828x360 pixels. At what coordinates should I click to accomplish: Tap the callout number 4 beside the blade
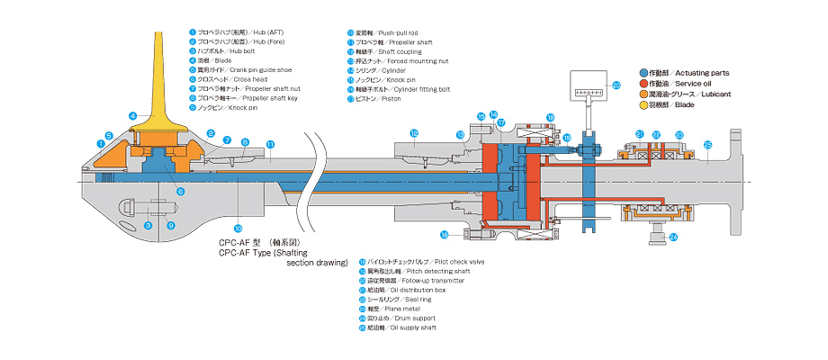(x=132, y=115)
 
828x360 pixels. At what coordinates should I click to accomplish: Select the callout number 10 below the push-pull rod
(x=238, y=228)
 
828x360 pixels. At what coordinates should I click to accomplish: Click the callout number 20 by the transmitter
(x=616, y=85)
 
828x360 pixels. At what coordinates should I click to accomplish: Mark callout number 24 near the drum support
(x=673, y=238)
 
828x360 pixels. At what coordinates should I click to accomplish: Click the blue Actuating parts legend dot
(x=642, y=72)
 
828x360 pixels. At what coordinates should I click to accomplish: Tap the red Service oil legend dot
(x=642, y=83)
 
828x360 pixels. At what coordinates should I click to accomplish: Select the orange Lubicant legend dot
(x=642, y=94)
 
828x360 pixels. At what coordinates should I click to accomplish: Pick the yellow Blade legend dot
(x=642, y=104)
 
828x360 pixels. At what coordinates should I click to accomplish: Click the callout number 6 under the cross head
(x=180, y=192)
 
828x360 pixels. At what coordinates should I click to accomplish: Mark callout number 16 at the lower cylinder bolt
(x=445, y=235)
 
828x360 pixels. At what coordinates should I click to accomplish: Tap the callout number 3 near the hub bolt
(x=148, y=225)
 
